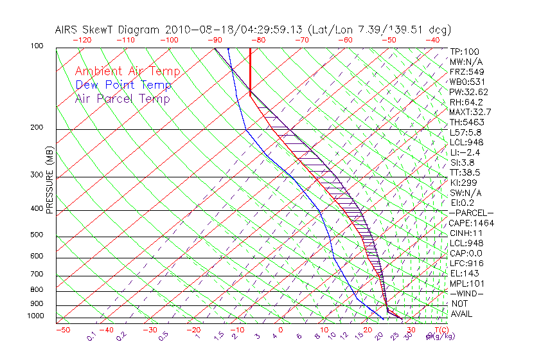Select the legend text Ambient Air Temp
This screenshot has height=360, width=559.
coord(127,71)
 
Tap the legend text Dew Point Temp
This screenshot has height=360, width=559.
coord(123,85)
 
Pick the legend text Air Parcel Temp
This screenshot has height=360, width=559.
coord(123,99)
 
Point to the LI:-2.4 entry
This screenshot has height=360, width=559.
coord(465,152)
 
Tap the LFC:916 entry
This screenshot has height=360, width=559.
coord(466,263)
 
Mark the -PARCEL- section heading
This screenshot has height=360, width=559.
coord(471,213)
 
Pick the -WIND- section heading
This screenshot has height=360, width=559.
coord(466,293)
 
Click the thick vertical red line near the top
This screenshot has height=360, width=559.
coord(250,71)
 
